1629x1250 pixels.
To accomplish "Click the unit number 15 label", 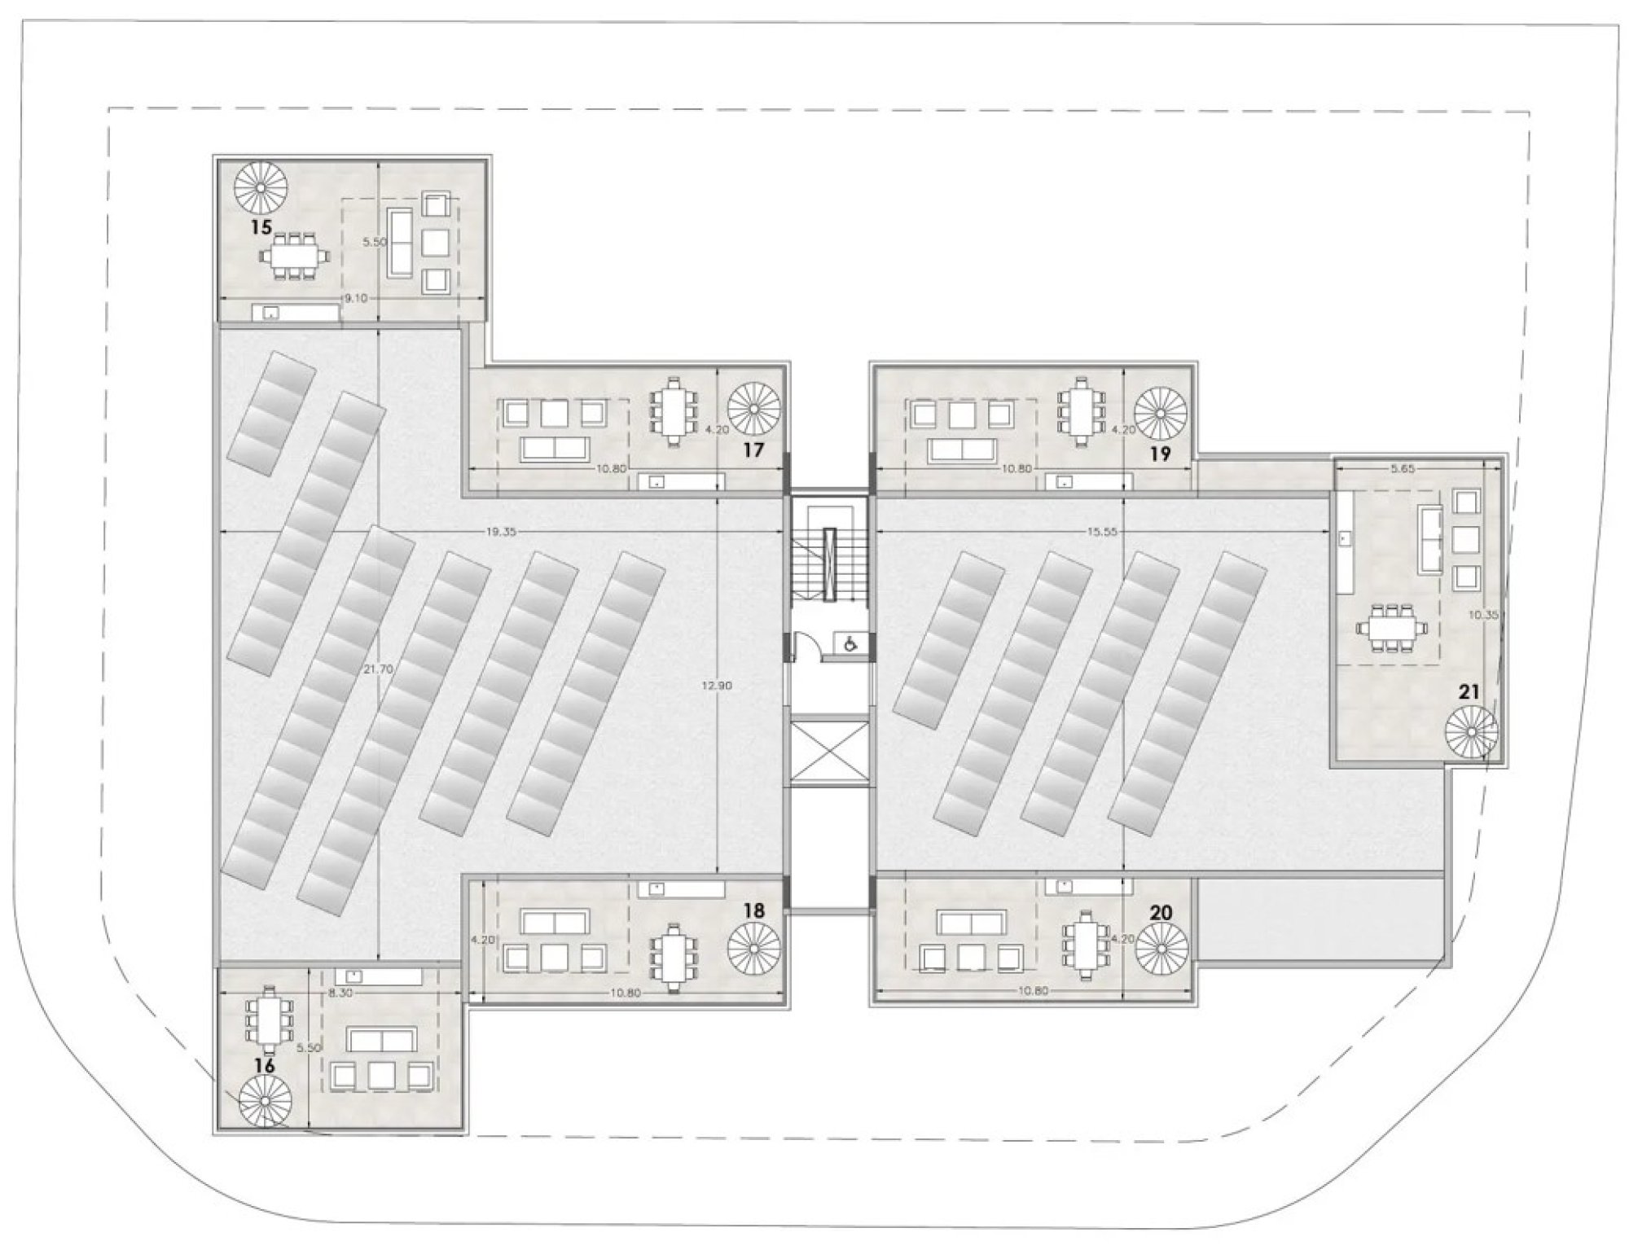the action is pos(261,226).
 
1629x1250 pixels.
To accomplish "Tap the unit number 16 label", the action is pos(265,1065).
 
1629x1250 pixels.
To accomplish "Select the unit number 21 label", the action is pos(1469,692).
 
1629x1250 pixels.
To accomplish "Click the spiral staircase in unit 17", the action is pos(754,410).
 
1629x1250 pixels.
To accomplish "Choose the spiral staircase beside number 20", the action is pos(1162,950).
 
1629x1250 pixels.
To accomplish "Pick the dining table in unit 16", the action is pos(267,1018).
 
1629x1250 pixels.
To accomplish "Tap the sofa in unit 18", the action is pos(554,923).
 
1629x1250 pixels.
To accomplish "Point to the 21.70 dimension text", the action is pos(380,669).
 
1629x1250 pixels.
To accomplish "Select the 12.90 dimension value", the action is pos(718,686).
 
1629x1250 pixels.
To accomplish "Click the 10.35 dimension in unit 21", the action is pos(1483,615).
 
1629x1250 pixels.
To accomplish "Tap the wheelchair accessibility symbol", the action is pos(850,644).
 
